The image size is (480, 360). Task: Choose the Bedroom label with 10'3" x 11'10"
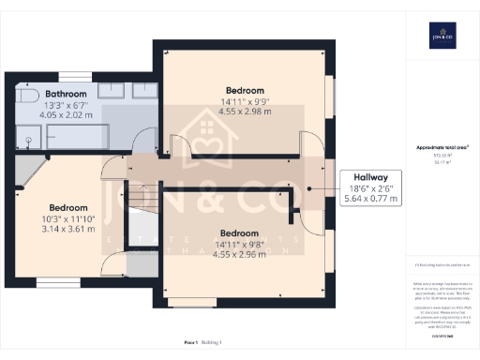click(68, 207)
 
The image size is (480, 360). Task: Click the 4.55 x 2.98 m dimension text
click(244, 111)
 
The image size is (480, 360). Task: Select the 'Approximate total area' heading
click(440, 148)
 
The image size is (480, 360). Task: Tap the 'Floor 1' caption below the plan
click(192, 345)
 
